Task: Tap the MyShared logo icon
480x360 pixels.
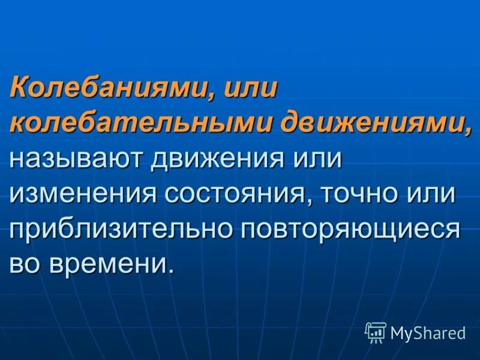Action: click(x=376, y=332)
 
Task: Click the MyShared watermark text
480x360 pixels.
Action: click(x=428, y=332)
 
